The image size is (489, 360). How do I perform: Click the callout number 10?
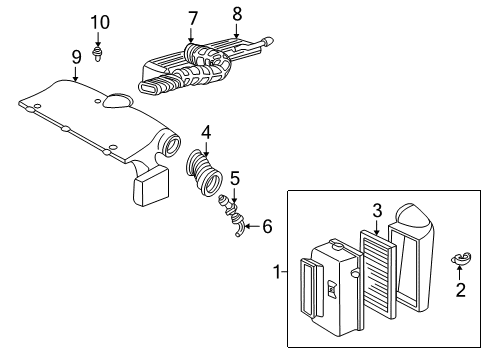pyautogui.click(x=98, y=22)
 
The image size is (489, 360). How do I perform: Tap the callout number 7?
pyautogui.click(x=192, y=17)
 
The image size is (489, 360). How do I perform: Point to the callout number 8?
pyautogui.click(x=237, y=15)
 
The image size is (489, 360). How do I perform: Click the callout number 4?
pyautogui.click(x=205, y=131)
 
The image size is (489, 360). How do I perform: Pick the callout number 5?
pyautogui.click(x=234, y=178)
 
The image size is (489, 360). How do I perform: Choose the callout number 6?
pyautogui.click(x=267, y=227)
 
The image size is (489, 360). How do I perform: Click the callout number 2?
pyautogui.click(x=461, y=291)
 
